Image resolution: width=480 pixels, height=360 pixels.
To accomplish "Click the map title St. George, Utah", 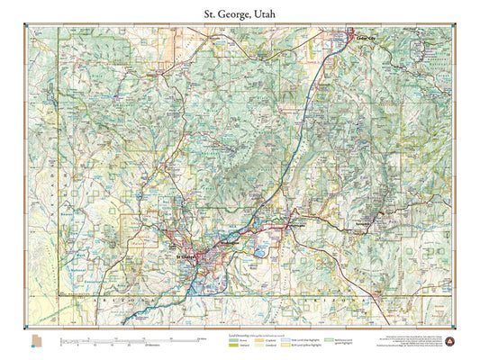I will click(240, 14).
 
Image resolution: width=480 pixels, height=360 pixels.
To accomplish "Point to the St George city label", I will click(185, 256).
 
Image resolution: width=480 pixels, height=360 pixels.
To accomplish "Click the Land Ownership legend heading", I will click(239, 334).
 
